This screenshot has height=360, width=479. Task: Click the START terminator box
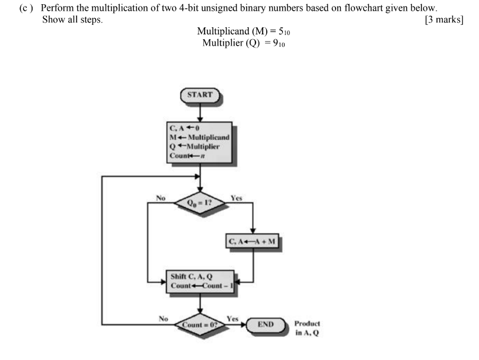(200, 95)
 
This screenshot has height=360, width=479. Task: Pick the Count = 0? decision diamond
(200, 324)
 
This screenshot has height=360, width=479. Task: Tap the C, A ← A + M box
(254, 241)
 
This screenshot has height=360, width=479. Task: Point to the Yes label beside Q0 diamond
(235, 197)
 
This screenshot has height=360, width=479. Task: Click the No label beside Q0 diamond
(160, 197)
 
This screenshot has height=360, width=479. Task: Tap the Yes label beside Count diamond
(232, 319)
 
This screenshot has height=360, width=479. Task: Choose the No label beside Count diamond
(164, 319)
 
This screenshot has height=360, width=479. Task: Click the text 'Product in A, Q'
(306, 328)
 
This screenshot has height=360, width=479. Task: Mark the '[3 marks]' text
(444, 21)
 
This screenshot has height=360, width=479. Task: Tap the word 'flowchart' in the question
(372, 9)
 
